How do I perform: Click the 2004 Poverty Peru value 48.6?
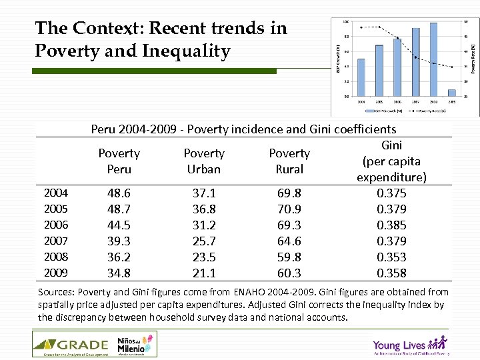point(119,193)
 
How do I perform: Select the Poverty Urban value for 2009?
point(204,273)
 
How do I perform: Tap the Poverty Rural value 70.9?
point(289,209)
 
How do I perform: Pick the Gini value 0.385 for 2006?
point(391,225)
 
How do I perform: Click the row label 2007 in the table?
point(55,241)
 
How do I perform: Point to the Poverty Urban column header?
point(204,161)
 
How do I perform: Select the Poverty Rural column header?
point(289,161)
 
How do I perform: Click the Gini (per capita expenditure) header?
point(391,161)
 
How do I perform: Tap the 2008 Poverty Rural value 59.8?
point(289,257)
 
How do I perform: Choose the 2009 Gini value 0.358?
point(391,273)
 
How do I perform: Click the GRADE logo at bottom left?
point(71,345)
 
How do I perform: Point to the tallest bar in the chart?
point(434,60)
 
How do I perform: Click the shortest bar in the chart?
point(452,93)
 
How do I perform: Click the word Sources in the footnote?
point(57,292)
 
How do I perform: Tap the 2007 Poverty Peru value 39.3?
point(119,241)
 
